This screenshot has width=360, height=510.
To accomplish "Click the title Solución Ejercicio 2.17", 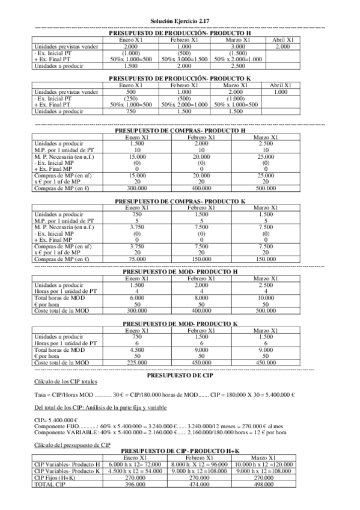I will click(x=180, y=20).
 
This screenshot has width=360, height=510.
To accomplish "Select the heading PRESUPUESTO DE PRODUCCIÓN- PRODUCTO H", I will click(x=180, y=34).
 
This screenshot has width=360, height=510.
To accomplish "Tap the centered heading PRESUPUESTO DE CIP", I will click(x=180, y=375).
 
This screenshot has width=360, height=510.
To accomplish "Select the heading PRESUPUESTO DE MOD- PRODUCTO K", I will click(x=180, y=324).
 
